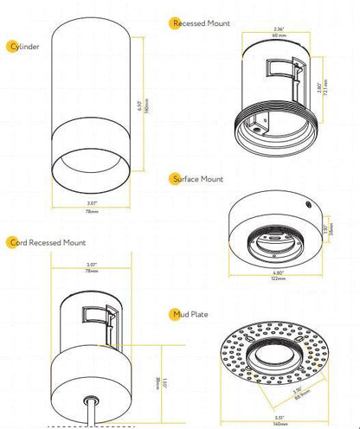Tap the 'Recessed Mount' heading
[202, 24]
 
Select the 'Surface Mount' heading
[200, 179]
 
